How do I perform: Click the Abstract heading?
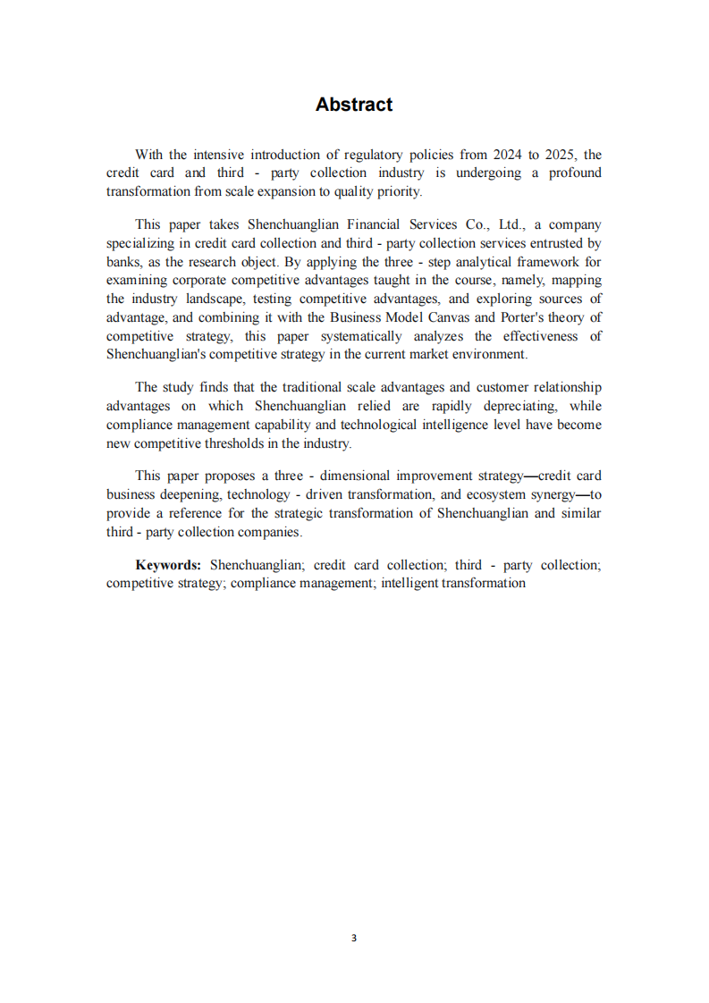click(354, 105)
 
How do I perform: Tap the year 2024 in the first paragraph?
click(509, 155)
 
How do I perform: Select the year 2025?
click(560, 155)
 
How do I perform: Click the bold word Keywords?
click(168, 565)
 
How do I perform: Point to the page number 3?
click(354, 938)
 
